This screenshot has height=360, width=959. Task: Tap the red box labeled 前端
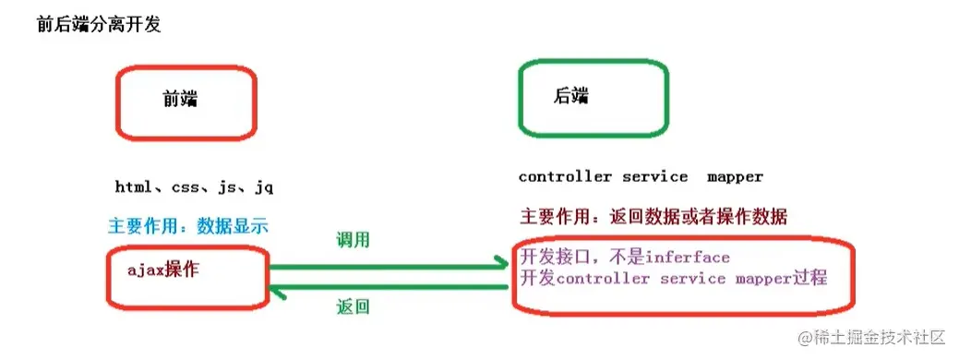(184, 103)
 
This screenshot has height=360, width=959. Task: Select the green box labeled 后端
(593, 97)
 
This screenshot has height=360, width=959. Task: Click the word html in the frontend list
(135, 187)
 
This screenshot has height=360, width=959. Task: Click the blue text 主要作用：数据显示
(188, 226)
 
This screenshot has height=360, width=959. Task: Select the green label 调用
(353, 240)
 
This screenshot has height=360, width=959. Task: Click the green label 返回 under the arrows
(353, 307)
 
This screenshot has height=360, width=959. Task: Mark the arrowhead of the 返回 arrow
(274, 289)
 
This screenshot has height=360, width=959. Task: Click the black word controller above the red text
(564, 176)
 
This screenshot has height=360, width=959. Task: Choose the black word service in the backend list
(654, 176)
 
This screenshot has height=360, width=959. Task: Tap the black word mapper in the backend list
(736, 176)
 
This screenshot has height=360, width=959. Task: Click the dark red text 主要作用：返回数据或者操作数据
(653, 218)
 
